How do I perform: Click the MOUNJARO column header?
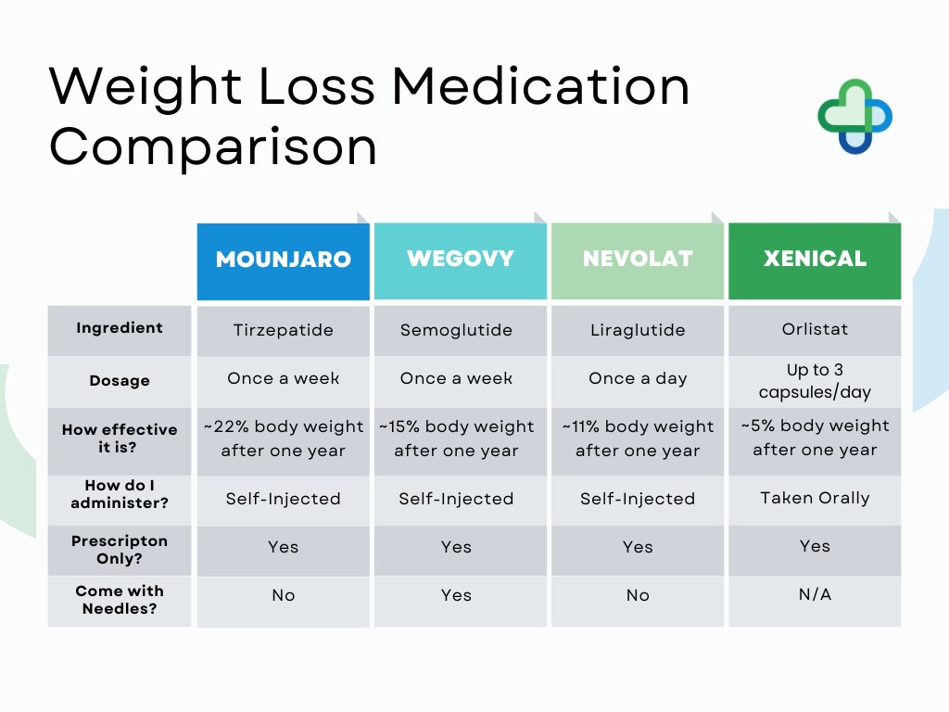[x=283, y=260]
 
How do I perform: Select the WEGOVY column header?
[x=460, y=259]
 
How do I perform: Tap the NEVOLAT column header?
[x=638, y=260]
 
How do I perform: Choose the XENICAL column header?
[x=815, y=260]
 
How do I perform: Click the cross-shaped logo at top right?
[x=854, y=116]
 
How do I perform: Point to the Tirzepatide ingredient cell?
[x=283, y=330]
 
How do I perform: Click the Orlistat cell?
[x=815, y=329]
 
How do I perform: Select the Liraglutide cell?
[x=638, y=330]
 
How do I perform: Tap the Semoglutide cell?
[x=456, y=330]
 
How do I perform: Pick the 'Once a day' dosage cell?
[x=638, y=378]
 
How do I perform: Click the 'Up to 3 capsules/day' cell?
[x=815, y=381]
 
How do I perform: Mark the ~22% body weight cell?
[x=283, y=439]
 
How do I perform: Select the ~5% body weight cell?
[x=815, y=438]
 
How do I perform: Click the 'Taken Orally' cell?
[x=815, y=498]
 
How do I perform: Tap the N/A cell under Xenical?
[x=815, y=594]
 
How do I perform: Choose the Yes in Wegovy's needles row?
[x=456, y=595]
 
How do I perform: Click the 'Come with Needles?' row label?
[x=120, y=600]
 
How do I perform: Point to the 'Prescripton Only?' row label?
[x=120, y=550]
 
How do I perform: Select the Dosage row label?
[x=120, y=381]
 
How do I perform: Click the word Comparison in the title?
[x=213, y=146]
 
